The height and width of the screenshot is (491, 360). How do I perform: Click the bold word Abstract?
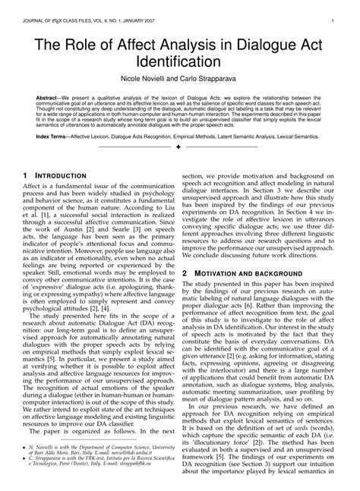click(49, 96)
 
